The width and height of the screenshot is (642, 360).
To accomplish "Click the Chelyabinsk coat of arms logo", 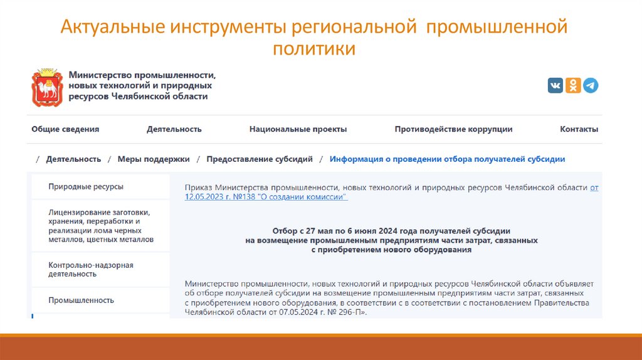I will coord(48,87).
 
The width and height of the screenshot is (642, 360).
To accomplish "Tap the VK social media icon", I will coord(555,86).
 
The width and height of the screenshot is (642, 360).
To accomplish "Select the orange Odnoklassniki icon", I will coord(573,86).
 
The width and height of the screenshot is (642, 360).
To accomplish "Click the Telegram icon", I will coord(591,86).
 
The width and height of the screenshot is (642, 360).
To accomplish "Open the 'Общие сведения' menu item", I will coord(65,129).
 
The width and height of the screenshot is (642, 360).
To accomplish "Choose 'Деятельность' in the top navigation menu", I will coord(174,129).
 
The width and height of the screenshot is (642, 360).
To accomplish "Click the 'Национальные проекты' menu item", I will coord(298,129).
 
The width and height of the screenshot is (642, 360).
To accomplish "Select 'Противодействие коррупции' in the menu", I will coord(453,129).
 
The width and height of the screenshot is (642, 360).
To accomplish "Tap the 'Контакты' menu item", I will coord(579,129).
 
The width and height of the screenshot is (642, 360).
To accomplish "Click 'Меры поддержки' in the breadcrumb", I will coord(154,159).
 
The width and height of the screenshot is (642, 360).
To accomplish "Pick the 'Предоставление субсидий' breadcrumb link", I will coord(260,159).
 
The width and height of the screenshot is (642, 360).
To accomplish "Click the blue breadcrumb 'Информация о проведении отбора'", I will coord(447,159).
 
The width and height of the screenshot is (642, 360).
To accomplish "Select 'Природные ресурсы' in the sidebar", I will coord(86,186).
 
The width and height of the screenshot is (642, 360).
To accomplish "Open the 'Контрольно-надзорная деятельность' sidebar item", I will coord(91,270).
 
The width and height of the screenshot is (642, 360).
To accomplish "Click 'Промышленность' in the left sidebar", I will coord(82,300).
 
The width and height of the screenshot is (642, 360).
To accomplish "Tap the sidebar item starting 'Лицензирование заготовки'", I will coord(100,226).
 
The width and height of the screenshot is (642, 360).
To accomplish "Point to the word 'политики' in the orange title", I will coord(313,48).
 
